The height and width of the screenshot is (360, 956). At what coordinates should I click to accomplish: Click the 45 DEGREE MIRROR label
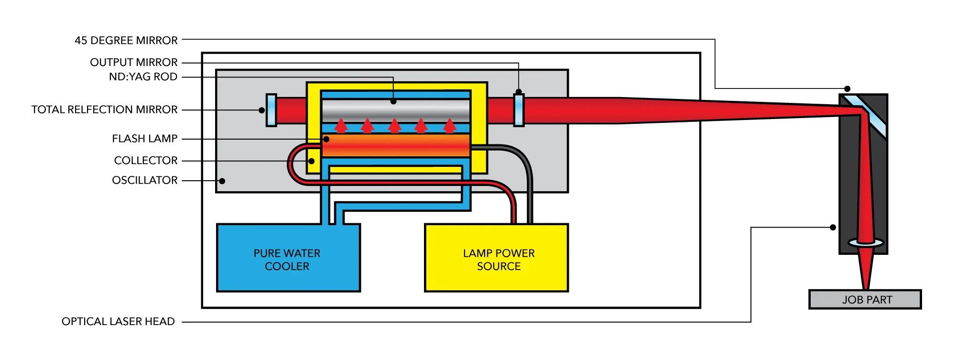pyautogui.click(x=126, y=40)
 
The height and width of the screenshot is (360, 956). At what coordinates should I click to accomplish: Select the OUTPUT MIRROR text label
pyautogui.click(x=134, y=62)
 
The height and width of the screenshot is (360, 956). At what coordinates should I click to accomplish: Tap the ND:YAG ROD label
pyautogui.click(x=143, y=76)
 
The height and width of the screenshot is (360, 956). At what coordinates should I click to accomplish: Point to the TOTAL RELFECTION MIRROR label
pyautogui.click(x=104, y=109)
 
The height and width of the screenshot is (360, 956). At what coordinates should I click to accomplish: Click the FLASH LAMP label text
pyautogui.click(x=145, y=139)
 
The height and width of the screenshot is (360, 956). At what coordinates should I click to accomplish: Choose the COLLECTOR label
pyautogui.click(x=146, y=161)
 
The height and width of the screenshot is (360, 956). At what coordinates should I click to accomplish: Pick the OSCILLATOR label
pyautogui.click(x=145, y=180)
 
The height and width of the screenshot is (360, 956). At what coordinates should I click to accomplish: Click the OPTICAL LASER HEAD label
pyautogui.click(x=118, y=321)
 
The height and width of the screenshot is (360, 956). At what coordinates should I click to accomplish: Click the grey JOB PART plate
pyautogui.click(x=865, y=300)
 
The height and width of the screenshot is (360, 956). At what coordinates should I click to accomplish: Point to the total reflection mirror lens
pyautogui.click(x=271, y=110)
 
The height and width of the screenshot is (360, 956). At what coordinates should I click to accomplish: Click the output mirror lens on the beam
pyautogui.click(x=519, y=110)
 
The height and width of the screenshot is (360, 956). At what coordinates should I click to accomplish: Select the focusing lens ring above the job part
pyautogui.click(x=866, y=243)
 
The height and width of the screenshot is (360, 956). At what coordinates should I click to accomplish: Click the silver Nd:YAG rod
pyautogui.click(x=396, y=111)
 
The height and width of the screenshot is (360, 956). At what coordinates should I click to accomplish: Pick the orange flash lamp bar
pyautogui.click(x=396, y=145)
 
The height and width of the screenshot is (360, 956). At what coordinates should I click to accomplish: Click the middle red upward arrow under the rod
pyautogui.click(x=394, y=126)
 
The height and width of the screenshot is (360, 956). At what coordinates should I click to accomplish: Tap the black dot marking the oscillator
pyautogui.click(x=222, y=181)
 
